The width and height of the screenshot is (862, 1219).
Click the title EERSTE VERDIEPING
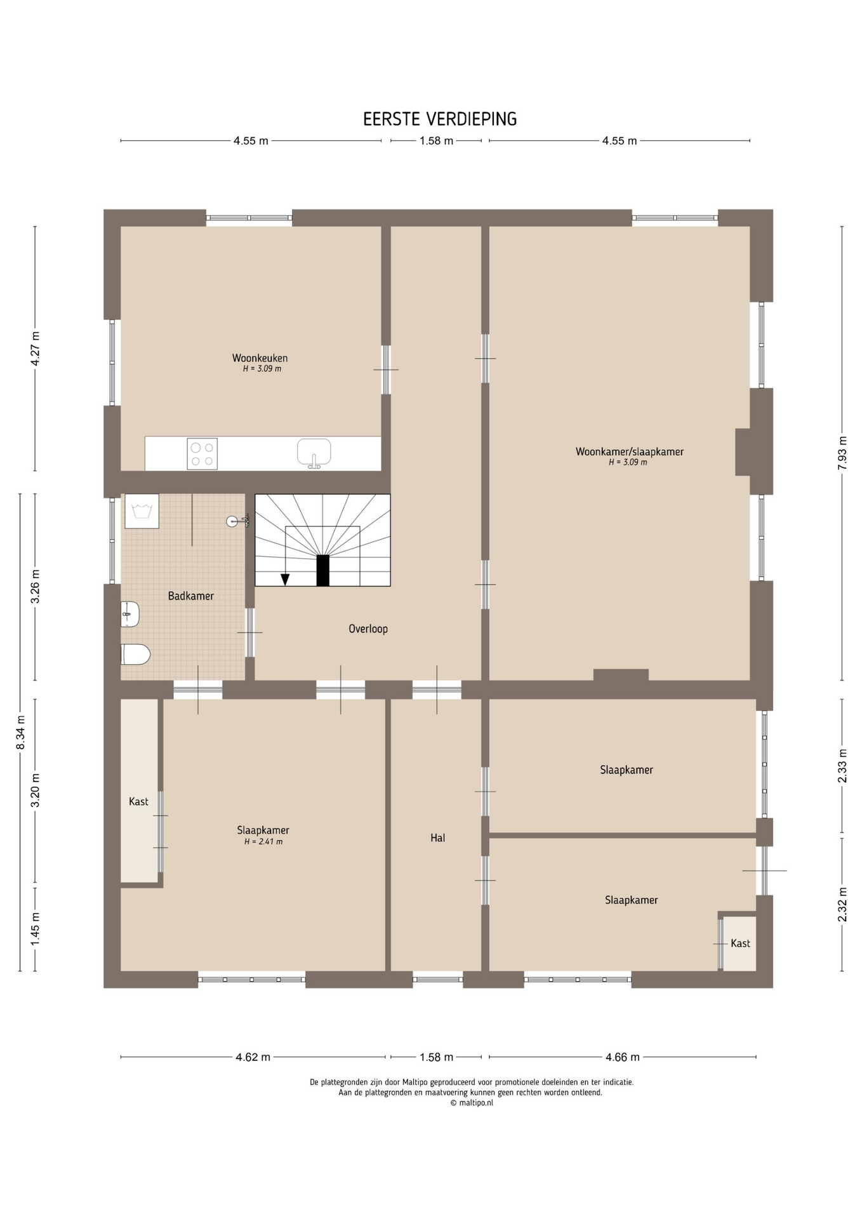click(x=440, y=119)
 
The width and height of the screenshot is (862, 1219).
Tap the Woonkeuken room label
click(x=260, y=358)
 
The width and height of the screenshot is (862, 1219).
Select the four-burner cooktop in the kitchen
click(x=202, y=454)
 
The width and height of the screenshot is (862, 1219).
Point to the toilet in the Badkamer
click(x=135, y=654)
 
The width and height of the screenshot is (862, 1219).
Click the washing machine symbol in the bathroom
click(x=142, y=511)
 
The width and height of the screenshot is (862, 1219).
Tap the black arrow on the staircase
click(x=285, y=579)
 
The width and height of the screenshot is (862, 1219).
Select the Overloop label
click(x=368, y=629)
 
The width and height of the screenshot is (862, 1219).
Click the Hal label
click(x=437, y=837)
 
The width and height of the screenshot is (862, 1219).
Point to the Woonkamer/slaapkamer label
click(x=630, y=452)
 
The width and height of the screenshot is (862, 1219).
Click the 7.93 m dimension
click(x=842, y=453)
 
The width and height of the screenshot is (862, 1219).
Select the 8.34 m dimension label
click(x=20, y=732)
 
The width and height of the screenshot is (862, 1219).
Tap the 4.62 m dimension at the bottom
click(x=253, y=1057)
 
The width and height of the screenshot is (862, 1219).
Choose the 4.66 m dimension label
click(x=622, y=1057)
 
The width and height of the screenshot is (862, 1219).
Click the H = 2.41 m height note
click(x=263, y=842)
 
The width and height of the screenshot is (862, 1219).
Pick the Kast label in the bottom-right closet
click(x=740, y=943)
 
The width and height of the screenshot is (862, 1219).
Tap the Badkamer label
click(x=190, y=596)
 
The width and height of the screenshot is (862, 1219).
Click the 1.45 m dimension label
click(x=36, y=929)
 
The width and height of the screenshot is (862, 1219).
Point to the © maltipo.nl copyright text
click(x=472, y=1103)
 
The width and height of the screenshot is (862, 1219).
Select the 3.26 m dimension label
click(x=36, y=587)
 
